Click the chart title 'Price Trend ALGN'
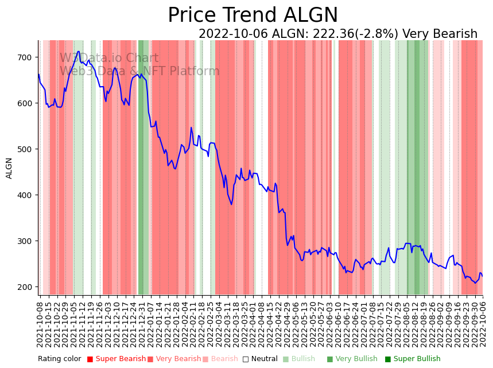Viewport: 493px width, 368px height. [x=253, y=16]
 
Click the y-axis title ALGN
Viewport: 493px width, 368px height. [x=9, y=168]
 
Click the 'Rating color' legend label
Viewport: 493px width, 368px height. [x=60, y=359]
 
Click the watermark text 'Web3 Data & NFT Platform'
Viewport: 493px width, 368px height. [x=140, y=71]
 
